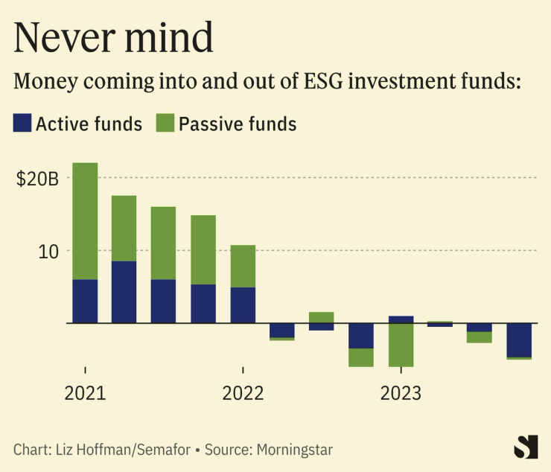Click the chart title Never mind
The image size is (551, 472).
click(114, 37)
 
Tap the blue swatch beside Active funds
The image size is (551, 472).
click(22, 123)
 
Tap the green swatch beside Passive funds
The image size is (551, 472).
click(165, 123)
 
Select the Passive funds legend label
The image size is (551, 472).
click(237, 124)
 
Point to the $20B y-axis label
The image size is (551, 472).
click(37, 179)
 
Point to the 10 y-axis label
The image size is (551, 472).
click(49, 251)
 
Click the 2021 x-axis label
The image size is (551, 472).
click(85, 393)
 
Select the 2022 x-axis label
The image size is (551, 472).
click(243, 393)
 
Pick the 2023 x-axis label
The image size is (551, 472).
click(401, 393)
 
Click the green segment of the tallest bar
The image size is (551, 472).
click(85, 221)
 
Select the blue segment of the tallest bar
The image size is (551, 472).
click(85, 301)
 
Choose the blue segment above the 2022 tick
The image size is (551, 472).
click(243, 305)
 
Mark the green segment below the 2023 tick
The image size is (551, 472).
click(401, 345)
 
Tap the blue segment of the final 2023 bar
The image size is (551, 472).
click(519, 339)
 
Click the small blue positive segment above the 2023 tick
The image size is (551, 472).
click(401, 319)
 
